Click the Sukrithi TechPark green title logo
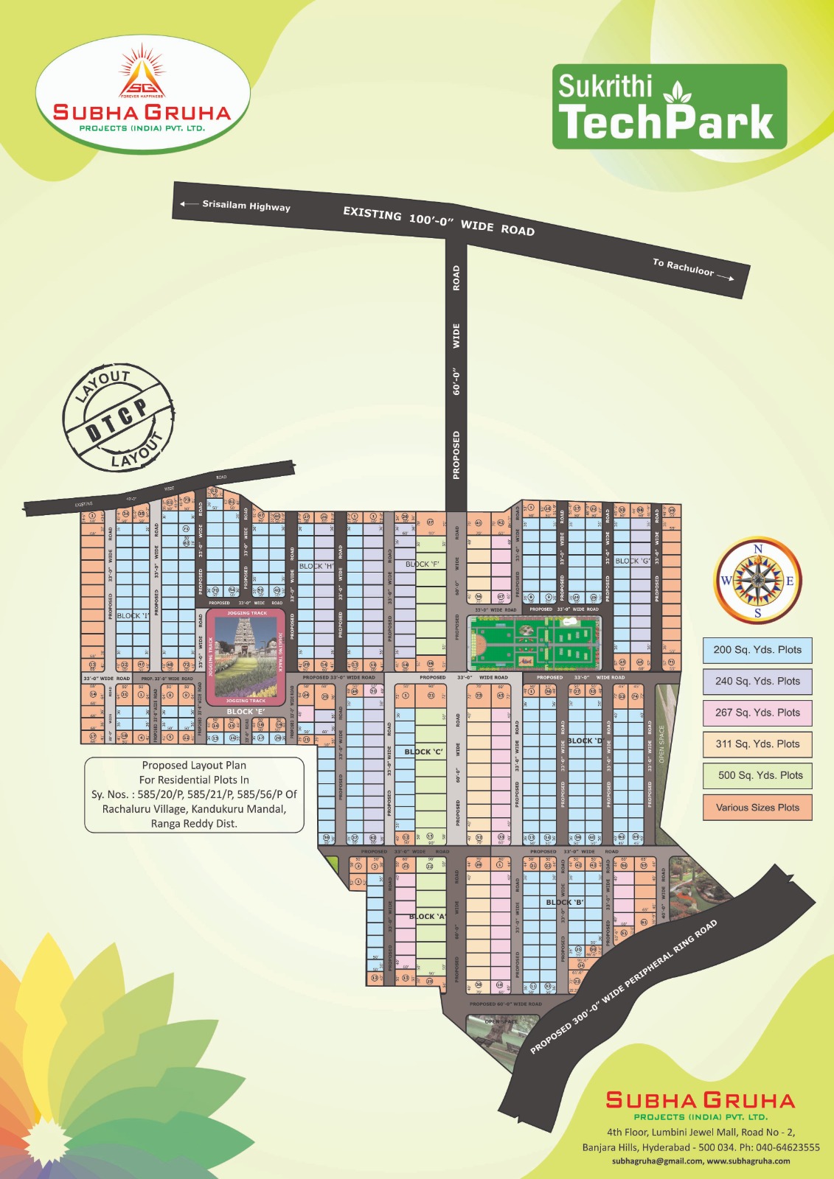point(669,107)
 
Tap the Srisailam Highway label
point(246,206)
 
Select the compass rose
point(758,581)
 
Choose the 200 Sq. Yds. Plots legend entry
point(757,650)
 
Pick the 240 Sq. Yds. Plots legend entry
point(757,682)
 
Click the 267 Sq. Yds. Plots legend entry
point(757,713)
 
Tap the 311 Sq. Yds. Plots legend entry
point(757,744)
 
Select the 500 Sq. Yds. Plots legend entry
point(757,775)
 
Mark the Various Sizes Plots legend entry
point(757,808)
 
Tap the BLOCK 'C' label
point(424,752)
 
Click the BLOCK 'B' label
point(565,902)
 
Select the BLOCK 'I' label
point(133,616)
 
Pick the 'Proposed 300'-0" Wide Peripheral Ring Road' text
point(624,987)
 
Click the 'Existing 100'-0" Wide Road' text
point(439,221)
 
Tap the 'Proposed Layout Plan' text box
point(194,795)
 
